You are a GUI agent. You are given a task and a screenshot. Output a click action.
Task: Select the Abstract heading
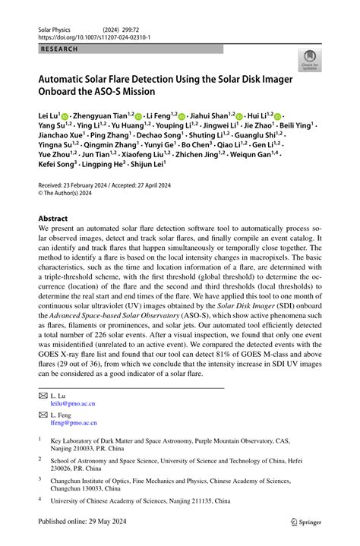click(x=58, y=217)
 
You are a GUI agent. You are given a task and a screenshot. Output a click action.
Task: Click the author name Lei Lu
click(x=52, y=115)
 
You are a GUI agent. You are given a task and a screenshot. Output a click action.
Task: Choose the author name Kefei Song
click(x=55, y=184)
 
